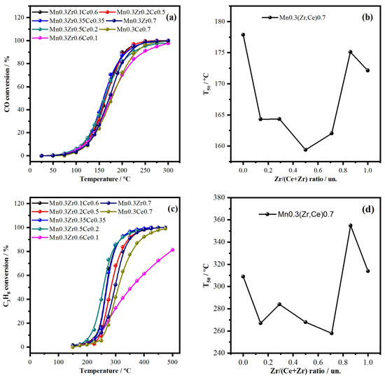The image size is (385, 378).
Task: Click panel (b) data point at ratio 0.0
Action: (x=243, y=34)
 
